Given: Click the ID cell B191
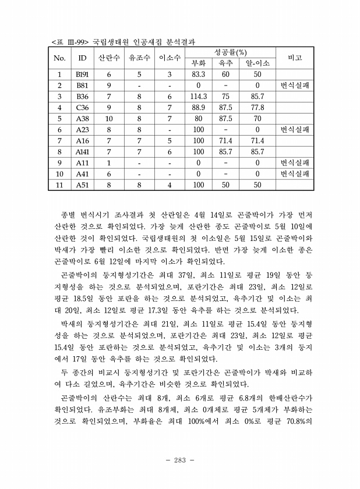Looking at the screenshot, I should click(x=82, y=75).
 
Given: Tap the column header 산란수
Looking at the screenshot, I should click(x=109, y=58).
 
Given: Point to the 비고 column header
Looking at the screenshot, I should click(x=295, y=58).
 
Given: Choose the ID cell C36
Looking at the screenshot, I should click(x=82, y=108).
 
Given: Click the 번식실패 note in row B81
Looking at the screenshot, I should click(x=295, y=86).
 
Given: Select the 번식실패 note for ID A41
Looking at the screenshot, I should click(x=295, y=173).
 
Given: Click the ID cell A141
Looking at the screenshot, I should click(x=82, y=151).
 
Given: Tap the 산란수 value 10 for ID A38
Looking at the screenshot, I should click(x=109, y=119).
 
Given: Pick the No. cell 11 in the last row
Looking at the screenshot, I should click(x=59, y=185).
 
